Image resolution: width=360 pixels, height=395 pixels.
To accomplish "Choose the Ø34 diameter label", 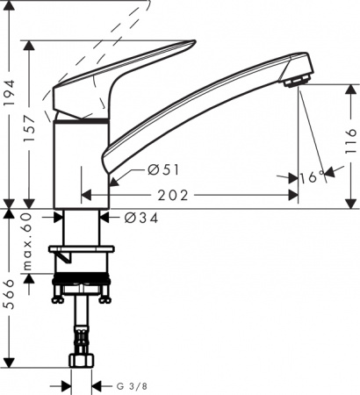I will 131,216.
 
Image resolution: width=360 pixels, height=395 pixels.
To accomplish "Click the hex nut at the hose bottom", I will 83,361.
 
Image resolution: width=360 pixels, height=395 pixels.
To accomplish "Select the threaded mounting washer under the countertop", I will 83,286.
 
